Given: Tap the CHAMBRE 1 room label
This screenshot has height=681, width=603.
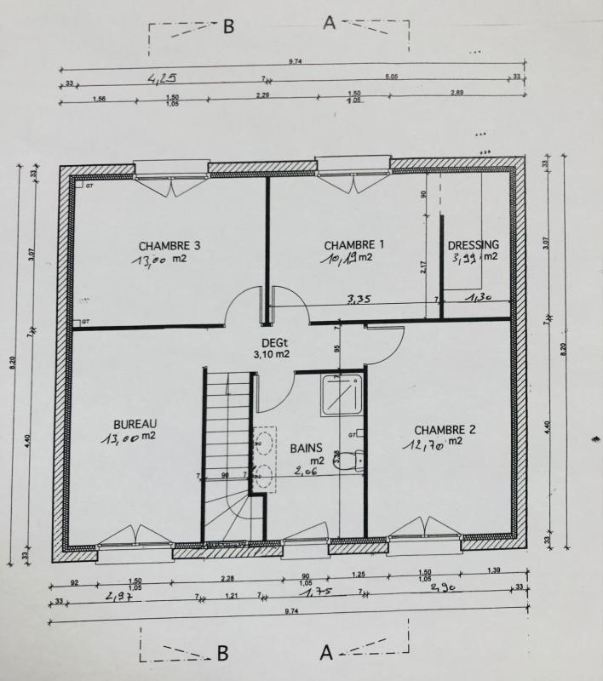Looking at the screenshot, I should tap(354, 244).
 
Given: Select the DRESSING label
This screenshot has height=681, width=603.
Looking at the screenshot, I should tap(474, 245).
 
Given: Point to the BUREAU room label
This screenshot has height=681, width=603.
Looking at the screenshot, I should tap(135, 424).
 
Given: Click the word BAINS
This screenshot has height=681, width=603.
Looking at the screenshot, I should tap(306, 447).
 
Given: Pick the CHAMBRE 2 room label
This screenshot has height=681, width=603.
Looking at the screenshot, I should tap(445, 429).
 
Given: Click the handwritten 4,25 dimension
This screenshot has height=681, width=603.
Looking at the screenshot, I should tap(163, 78).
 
